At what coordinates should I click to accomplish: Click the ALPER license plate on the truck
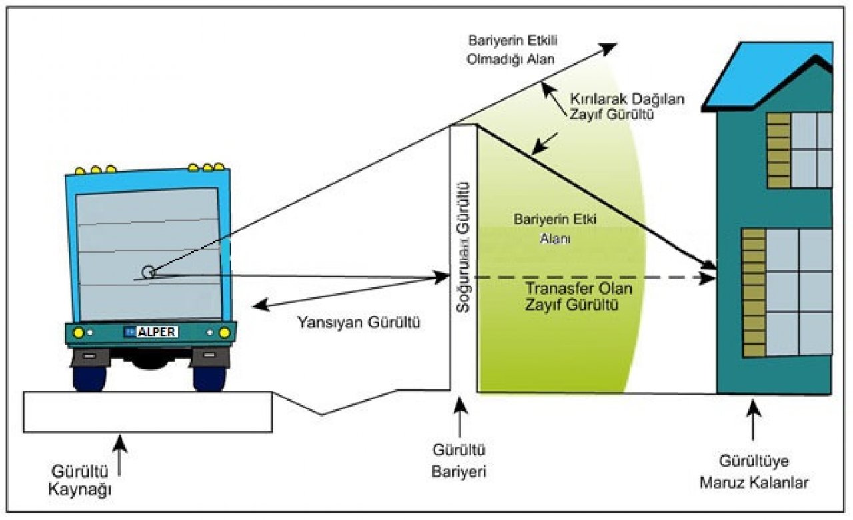pyautogui.click(x=151, y=331)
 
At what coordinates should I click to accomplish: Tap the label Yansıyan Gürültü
pyautogui.click(x=358, y=323)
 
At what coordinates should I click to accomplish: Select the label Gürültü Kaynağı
pyautogui.click(x=80, y=481)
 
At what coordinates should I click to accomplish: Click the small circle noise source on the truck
pyautogui.click(x=148, y=271)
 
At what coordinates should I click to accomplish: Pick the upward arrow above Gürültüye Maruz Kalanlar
pyautogui.click(x=753, y=420)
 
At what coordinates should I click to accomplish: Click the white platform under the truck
pyautogui.click(x=147, y=411)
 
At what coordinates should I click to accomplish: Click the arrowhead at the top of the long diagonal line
pyautogui.click(x=610, y=45)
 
